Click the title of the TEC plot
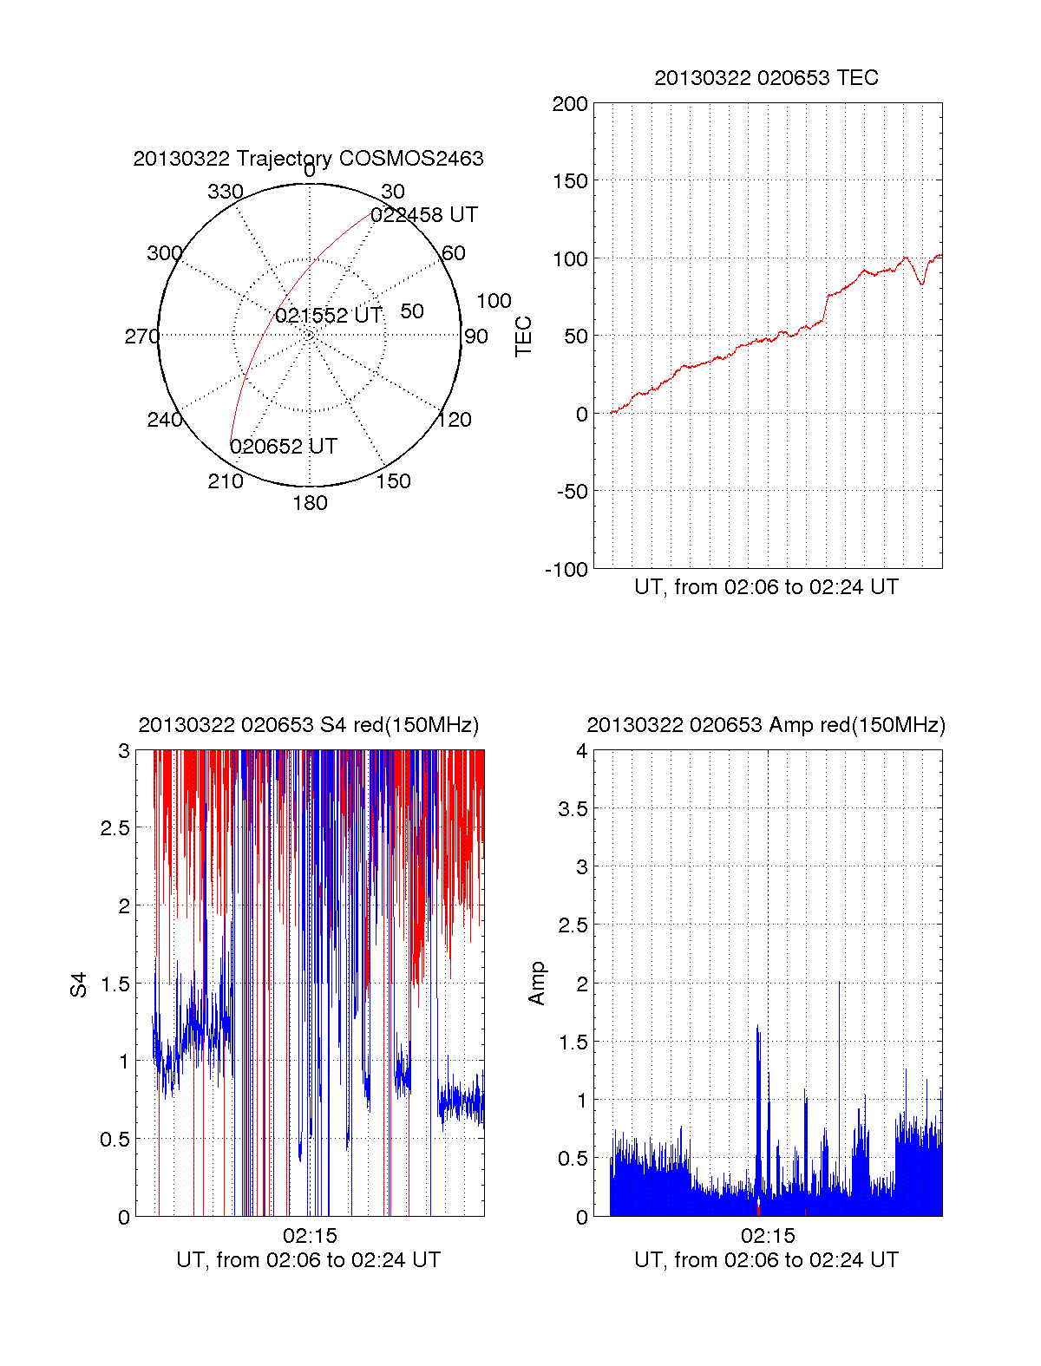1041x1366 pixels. pyautogui.click(x=766, y=78)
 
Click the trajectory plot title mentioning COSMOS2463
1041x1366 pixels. pyautogui.click(x=308, y=159)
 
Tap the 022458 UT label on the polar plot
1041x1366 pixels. pyautogui.click(x=424, y=215)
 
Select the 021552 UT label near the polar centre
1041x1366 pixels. pyautogui.click(x=328, y=316)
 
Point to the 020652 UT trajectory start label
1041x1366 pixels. pyautogui.click(x=283, y=447)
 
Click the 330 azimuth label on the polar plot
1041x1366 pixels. pyautogui.click(x=225, y=192)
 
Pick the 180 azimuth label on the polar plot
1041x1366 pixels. pyautogui.click(x=310, y=503)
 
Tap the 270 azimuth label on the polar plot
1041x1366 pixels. pyautogui.click(x=141, y=337)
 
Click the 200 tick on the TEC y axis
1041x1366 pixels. pyautogui.click(x=570, y=104)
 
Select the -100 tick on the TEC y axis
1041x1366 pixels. pyautogui.click(x=566, y=570)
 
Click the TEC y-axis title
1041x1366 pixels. pyautogui.click(x=524, y=337)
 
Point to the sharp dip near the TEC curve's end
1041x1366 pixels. pyautogui.click(x=922, y=283)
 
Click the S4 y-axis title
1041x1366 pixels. pyautogui.click(x=79, y=984)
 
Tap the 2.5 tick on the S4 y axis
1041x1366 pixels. pyautogui.click(x=115, y=828)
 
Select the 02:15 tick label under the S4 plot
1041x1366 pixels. pyautogui.click(x=310, y=1236)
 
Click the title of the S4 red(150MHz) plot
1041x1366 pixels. pyautogui.click(x=308, y=725)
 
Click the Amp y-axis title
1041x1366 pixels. pyautogui.click(x=537, y=984)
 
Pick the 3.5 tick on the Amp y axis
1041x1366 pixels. pyautogui.click(x=573, y=809)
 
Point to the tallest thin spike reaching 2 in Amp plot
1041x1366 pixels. pyautogui.click(x=839, y=984)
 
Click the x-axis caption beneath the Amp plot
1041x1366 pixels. pyautogui.click(x=766, y=1260)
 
